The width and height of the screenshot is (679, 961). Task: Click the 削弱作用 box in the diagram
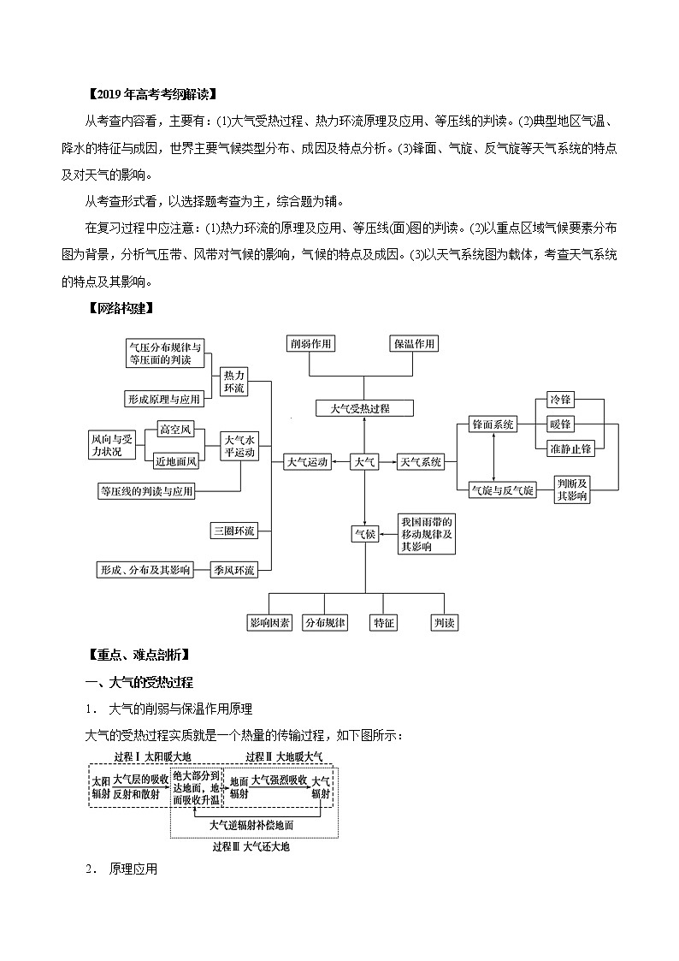[310, 344]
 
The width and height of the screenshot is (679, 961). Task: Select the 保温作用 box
[414, 344]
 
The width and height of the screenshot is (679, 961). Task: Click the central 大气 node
[364, 462]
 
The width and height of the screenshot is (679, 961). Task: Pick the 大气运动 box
[306, 462]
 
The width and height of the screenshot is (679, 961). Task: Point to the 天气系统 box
[420, 462]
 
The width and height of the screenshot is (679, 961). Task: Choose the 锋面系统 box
[493, 424]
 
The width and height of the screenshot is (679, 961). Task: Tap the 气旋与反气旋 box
[503, 490]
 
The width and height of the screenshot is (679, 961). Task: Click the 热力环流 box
[234, 382]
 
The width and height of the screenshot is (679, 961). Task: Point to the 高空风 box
[176, 429]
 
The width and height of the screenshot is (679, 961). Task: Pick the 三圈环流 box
[234, 531]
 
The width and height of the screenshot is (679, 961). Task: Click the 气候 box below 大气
[364, 534]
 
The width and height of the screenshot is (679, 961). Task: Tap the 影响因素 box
[269, 623]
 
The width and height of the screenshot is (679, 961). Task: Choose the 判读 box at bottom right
[444, 623]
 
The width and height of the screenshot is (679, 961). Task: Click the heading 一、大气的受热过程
[139, 682]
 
